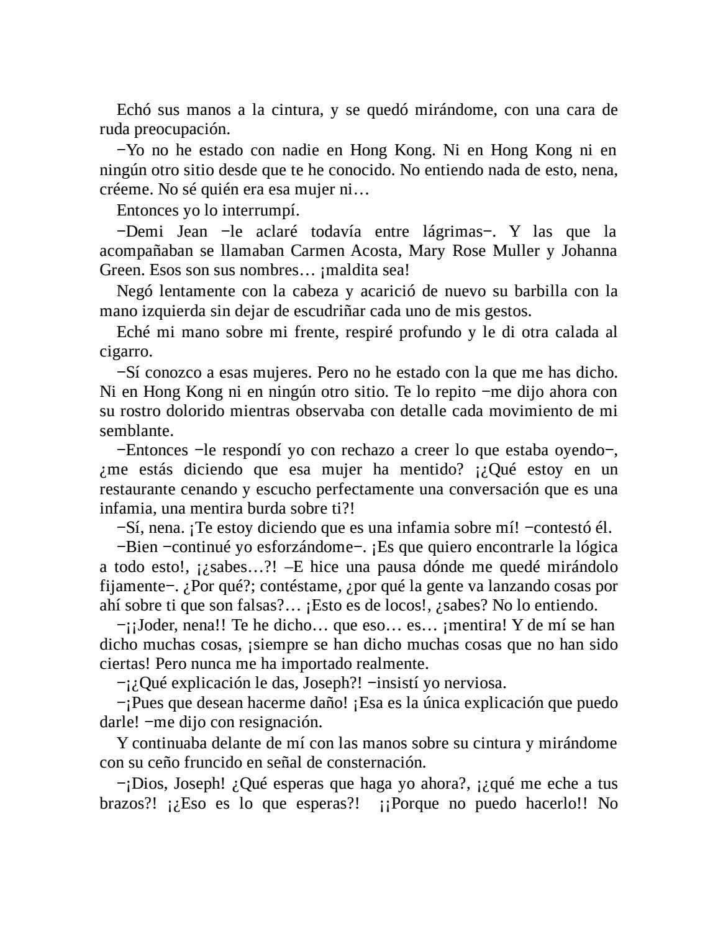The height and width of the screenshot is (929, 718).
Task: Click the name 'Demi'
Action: [143, 232]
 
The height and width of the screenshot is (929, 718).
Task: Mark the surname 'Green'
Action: [120, 271]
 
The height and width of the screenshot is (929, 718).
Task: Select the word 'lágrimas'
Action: [453, 232]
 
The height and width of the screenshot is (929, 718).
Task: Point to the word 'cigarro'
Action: [121, 351]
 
